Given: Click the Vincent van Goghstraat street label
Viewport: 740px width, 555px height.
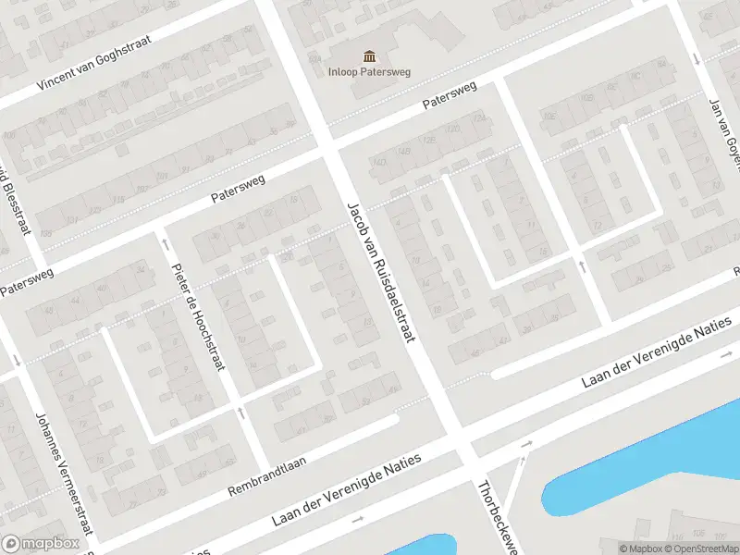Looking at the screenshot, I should (x=94, y=59).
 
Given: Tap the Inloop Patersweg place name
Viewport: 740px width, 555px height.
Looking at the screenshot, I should (x=370, y=71).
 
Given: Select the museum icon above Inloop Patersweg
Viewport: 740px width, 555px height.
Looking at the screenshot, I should (x=370, y=55).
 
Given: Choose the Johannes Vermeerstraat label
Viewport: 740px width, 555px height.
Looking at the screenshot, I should (x=65, y=474).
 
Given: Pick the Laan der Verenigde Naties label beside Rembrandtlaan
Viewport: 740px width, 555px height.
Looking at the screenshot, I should (x=346, y=490).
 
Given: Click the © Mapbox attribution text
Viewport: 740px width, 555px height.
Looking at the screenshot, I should (x=641, y=549).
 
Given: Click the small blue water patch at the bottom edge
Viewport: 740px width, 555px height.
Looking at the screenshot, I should (x=421, y=546).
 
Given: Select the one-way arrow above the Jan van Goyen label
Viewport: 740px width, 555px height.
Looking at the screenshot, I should (x=697, y=60).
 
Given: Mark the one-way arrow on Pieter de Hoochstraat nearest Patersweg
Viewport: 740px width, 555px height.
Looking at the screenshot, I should (x=166, y=243).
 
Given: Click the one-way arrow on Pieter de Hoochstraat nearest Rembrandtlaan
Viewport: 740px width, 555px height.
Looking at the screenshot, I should (x=240, y=413).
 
